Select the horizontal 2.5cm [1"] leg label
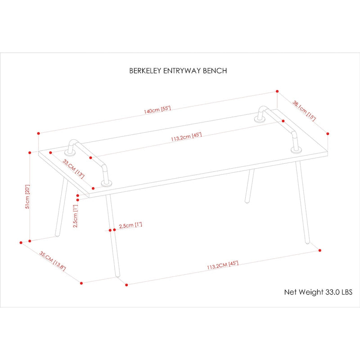click(x=130, y=225)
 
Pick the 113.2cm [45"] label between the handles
click(x=186, y=137)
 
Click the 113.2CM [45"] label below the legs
click(x=222, y=265)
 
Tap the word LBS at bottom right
click(x=347, y=292)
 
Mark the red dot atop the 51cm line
click(x=30, y=152)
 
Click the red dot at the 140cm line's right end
click(x=276, y=91)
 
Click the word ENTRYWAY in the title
click(x=181, y=71)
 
